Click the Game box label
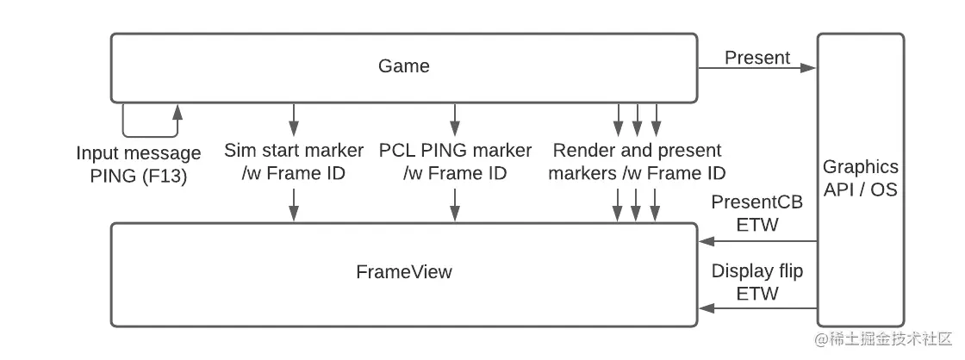[403, 66]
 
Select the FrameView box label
[403, 272]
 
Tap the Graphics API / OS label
[860, 177]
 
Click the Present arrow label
[756, 58]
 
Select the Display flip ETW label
[756, 282]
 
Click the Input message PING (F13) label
[138, 163]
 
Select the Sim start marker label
[294, 161]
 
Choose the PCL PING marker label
[455, 161]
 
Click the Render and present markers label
[638, 161]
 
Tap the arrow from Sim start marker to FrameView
[294, 203]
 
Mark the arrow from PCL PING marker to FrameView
[455, 203]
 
